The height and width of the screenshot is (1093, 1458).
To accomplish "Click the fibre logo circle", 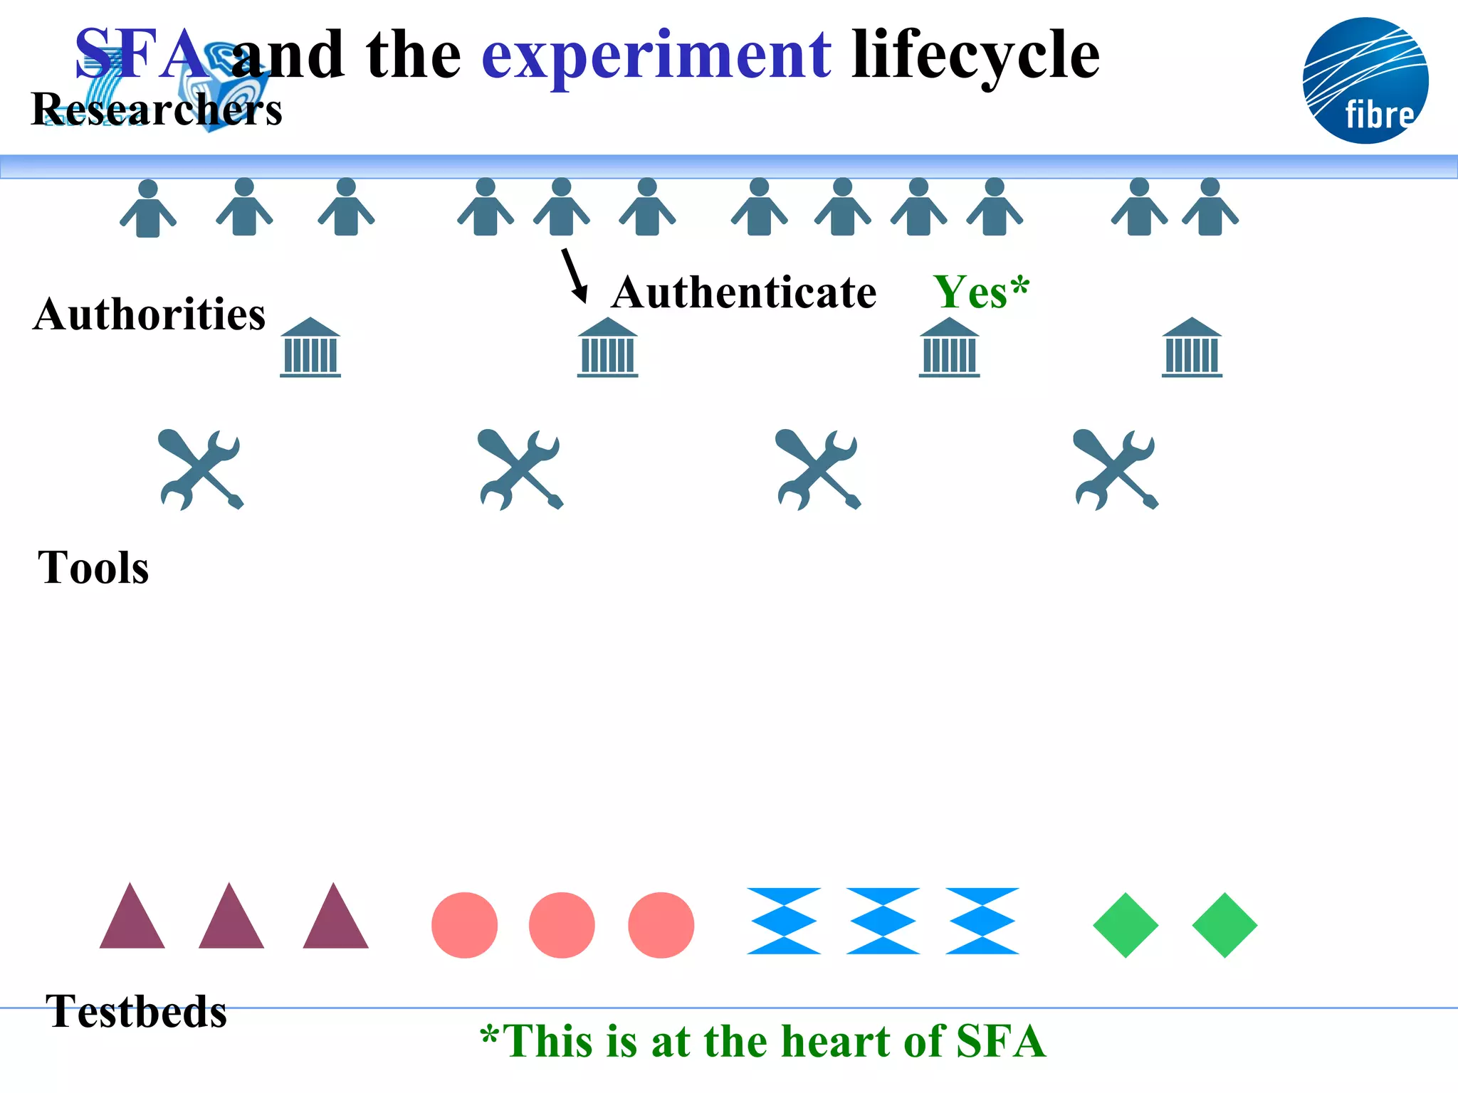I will click(x=1365, y=80).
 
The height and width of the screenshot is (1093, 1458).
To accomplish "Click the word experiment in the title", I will click(x=656, y=56).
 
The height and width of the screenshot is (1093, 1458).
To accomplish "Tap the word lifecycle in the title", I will click(x=975, y=56).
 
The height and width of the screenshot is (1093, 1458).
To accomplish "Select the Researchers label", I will click(x=157, y=110).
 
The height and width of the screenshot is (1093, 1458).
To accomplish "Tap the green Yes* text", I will click(x=981, y=292).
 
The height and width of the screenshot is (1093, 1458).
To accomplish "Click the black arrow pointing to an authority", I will click(x=574, y=275).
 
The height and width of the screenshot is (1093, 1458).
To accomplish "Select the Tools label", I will click(x=93, y=567).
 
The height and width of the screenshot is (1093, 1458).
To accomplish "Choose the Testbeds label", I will click(x=136, y=1010).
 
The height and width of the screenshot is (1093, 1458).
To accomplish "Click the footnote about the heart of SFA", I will click(x=762, y=1041).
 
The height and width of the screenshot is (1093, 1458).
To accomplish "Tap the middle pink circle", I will click(x=562, y=925).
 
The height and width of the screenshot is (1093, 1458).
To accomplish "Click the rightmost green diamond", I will click(x=1224, y=925).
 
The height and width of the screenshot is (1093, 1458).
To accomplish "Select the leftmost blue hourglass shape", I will click(x=784, y=921).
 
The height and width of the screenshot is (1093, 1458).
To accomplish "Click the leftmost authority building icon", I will click(x=310, y=347).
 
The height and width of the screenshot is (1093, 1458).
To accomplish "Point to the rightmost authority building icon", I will click(x=1192, y=347).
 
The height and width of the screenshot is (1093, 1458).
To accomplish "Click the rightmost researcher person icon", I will click(x=1210, y=208).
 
